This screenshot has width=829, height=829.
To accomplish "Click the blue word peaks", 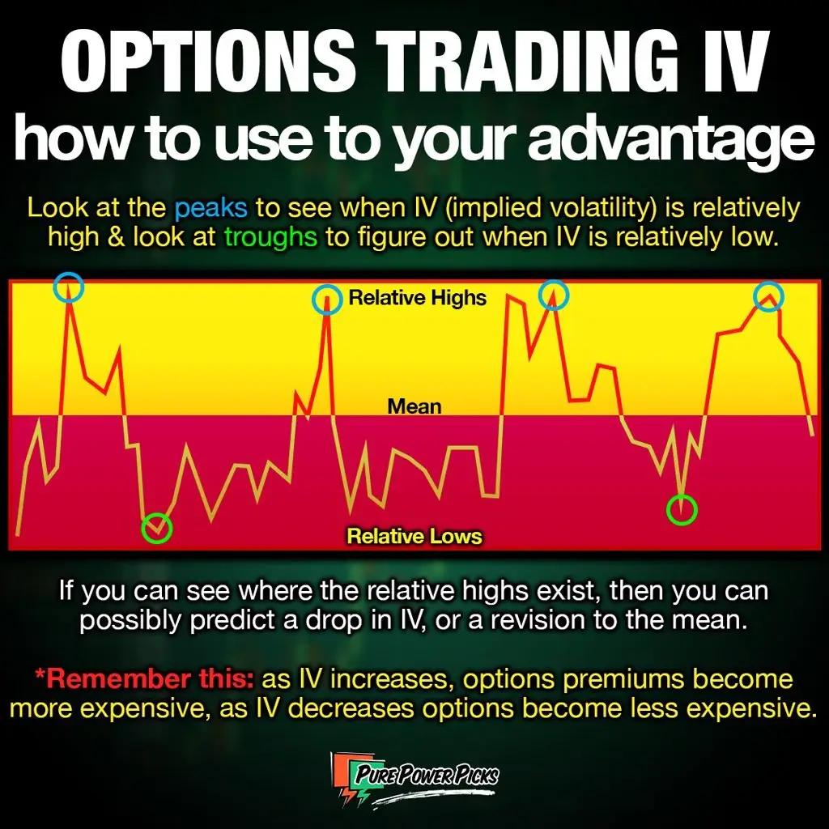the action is [211, 208].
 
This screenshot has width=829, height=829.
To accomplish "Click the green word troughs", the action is [270, 237].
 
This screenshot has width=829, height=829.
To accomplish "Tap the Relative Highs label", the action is [417, 298].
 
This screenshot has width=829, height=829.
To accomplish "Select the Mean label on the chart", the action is [414, 406].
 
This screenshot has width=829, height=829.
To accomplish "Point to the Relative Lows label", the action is [414, 536].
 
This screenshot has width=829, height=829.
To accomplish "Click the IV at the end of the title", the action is [729, 60].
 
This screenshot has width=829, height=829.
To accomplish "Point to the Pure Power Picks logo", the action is [415, 780].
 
